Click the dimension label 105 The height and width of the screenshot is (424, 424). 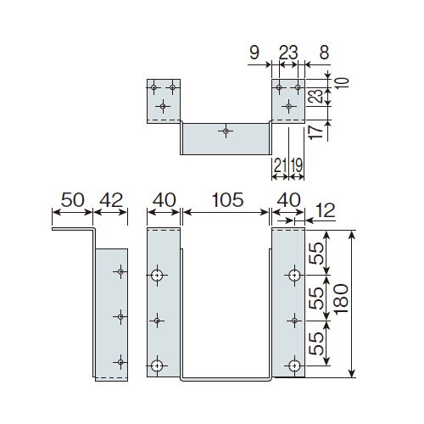point(227,200)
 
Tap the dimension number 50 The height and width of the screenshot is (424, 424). point(73,200)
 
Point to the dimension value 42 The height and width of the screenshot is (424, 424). point(111,200)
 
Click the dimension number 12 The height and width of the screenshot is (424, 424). point(325,210)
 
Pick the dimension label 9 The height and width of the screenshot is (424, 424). point(254,53)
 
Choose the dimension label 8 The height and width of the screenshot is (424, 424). point(324,53)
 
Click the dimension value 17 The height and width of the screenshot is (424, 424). point(315,132)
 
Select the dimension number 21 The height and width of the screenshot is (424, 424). point(280,165)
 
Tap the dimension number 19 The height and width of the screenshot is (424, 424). point(297,165)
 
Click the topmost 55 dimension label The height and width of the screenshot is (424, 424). point(315,254)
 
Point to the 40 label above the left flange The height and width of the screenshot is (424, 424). point(164,200)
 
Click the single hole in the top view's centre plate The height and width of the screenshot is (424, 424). point(226,131)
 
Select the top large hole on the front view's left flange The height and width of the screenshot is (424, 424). point(157,275)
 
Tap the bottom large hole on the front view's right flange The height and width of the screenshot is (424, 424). point(294,365)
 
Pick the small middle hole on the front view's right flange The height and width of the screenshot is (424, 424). point(294,321)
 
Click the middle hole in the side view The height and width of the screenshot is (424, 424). point(120,317)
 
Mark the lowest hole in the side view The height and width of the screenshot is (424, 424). point(120,362)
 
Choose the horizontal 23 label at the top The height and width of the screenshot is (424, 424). point(288,53)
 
